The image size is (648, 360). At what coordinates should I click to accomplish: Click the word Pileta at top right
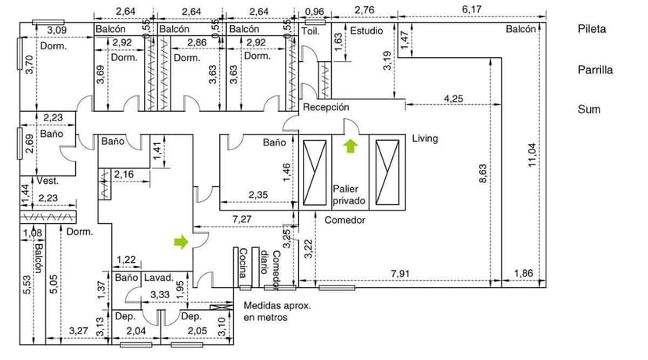592,29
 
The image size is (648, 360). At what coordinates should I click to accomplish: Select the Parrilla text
595,70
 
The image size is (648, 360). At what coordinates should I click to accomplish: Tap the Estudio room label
366,31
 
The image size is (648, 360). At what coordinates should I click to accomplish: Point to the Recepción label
326,107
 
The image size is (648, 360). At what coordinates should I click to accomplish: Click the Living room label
425,139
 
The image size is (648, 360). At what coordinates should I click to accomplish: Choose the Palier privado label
349,194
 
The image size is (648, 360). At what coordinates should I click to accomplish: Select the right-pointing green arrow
182,243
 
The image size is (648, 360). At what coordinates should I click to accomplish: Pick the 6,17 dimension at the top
472,10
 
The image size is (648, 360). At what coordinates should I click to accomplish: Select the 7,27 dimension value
242,219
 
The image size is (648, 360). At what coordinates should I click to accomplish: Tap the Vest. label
49,180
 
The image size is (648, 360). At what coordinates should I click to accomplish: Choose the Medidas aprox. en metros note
277,311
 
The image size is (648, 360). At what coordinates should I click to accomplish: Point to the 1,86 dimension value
524,273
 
